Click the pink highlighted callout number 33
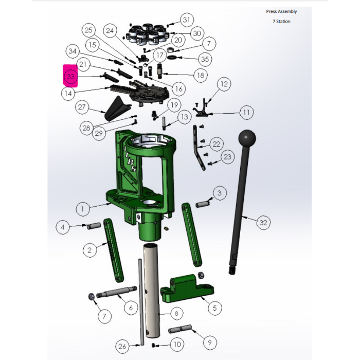70,76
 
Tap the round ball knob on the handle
247,138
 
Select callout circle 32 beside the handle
263,222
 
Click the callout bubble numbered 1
82,209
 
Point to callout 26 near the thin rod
122,346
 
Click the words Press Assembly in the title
281,11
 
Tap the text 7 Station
281,22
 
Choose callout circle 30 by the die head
197,33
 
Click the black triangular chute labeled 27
118,109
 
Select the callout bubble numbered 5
214,308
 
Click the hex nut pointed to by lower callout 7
91,296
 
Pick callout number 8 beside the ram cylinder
176,313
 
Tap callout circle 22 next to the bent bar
217,144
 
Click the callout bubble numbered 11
246,112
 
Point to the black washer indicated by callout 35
172,57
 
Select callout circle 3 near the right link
220,193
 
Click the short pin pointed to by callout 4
94,225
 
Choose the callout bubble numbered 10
177,344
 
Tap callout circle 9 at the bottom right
210,343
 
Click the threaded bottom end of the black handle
232,270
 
